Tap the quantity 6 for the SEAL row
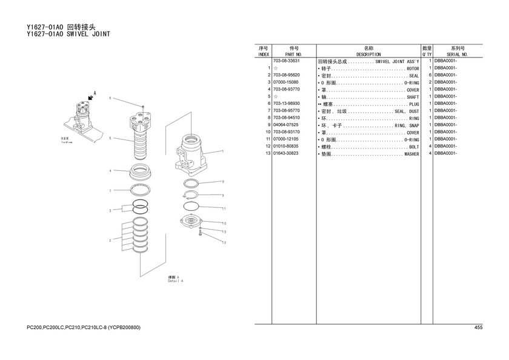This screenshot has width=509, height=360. click(x=429, y=75)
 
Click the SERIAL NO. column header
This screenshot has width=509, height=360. click(x=457, y=54)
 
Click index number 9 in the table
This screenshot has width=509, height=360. click(x=267, y=125)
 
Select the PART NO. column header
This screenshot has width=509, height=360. click(x=293, y=54)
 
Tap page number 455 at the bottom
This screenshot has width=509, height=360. click(x=478, y=328)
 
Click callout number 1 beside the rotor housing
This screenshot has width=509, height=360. click(x=223, y=151)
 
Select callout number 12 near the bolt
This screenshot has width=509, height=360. click(x=224, y=242)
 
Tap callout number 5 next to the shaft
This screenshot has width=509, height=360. click(x=110, y=138)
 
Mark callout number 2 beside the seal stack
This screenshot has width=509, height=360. click(x=110, y=241)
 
